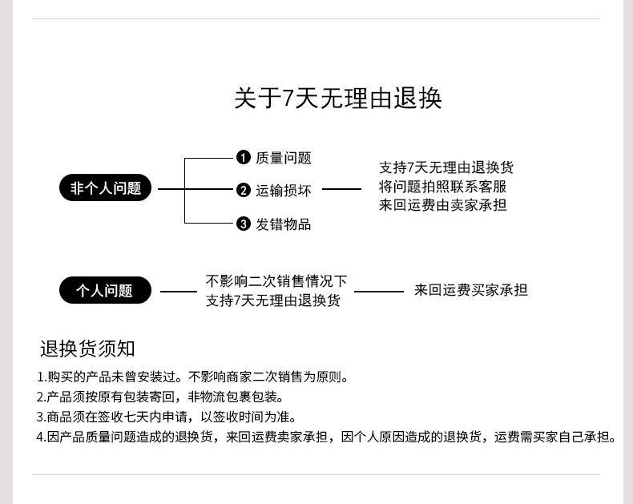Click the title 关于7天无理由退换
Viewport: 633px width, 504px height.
tap(337, 99)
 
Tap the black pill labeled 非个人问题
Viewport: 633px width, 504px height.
tap(105, 189)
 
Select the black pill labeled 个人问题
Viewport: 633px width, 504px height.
tap(105, 290)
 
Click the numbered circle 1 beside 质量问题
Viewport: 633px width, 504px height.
tap(244, 157)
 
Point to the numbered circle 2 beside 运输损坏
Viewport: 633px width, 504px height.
tap(244, 190)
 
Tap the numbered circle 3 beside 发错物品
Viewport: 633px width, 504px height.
tap(244, 224)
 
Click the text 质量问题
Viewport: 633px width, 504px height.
tap(284, 158)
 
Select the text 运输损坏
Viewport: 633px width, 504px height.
tap(284, 191)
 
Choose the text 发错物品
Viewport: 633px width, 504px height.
tap(284, 224)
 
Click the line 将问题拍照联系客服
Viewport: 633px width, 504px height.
tap(442, 187)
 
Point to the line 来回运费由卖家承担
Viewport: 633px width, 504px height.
tap(442, 205)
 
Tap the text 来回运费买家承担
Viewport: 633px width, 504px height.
tap(470, 290)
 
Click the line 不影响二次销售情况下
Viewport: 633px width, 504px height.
tap(276, 281)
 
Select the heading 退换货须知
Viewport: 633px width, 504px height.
tap(87, 349)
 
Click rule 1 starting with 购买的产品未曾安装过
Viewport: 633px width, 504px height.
tap(192, 377)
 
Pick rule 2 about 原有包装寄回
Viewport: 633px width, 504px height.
tap(160, 397)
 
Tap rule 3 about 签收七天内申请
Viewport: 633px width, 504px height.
tap(167, 417)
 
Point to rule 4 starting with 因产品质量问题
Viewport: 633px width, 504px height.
tap(327, 437)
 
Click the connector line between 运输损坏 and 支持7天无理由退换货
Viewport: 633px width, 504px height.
tap(341, 190)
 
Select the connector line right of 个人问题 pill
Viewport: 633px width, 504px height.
tap(178, 291)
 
